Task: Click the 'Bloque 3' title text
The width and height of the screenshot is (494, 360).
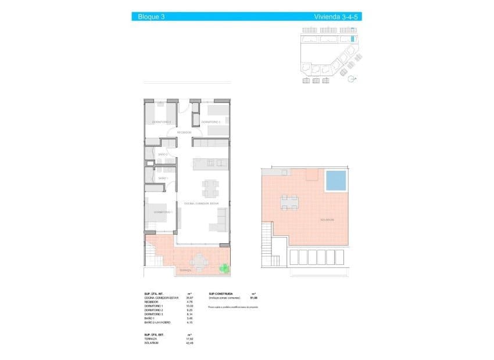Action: click(151, 17)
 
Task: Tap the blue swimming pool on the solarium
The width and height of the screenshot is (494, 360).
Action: click(335, 181)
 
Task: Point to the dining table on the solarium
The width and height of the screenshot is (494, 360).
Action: click(289, 203)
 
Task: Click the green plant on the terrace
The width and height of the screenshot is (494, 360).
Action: click(223, 268)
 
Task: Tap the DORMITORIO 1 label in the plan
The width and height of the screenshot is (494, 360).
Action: click(163, 213)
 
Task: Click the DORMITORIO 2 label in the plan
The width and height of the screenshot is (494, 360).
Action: click(161, 122)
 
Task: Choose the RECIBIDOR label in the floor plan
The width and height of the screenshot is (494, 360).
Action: click(184, 132)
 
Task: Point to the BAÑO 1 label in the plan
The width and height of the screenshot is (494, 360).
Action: click(163, 178)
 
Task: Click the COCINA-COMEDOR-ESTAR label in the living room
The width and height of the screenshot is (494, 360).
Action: click(201, 203)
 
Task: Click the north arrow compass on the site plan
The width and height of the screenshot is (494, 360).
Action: click(350, 81)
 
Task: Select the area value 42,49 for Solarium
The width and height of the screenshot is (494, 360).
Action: click(189, 343)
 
